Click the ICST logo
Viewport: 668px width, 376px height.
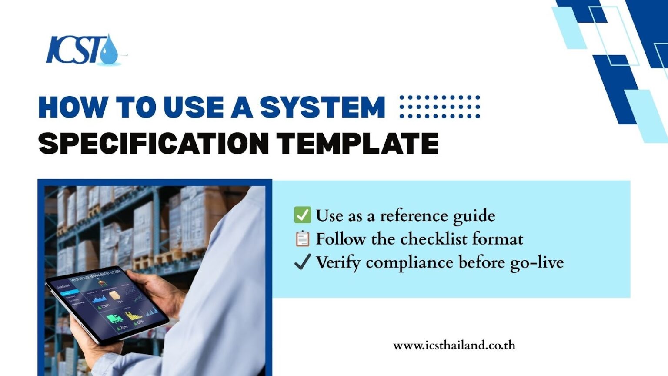[x=83, y=50]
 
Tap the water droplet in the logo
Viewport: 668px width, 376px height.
[x=109, y=51]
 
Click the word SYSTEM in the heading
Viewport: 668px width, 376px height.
[x=322, y=107]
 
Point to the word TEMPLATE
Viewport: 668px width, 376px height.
[x=357, y=144]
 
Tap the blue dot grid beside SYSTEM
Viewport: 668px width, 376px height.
[x=440, y=107]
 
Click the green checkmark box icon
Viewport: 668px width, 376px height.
[x=302, y=215]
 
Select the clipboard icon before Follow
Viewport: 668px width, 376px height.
[x=302, y=238]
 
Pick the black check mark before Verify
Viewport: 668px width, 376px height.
[x=302, y=262]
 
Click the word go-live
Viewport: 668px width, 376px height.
[x=537, y=262]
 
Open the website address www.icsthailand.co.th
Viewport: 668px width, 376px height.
[x=454, y=346]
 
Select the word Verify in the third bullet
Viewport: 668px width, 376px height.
[x=338, y=262]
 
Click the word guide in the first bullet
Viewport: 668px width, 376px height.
[x=474, y=216]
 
